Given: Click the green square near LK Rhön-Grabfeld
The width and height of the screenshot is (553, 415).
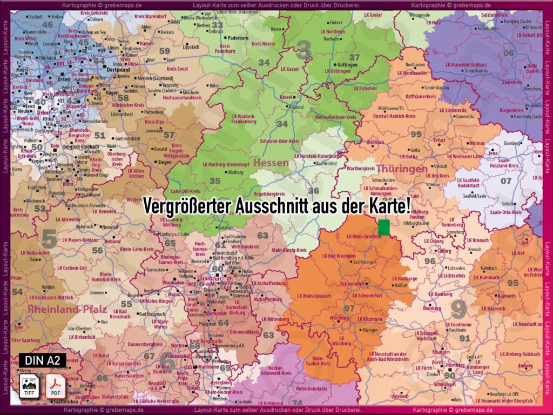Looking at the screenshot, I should point(384,227).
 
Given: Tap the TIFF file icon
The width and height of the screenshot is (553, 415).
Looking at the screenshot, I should point(29,386).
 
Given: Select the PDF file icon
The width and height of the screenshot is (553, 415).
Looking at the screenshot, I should point(55,386).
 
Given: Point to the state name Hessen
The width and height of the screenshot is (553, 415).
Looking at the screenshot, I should point(271,163).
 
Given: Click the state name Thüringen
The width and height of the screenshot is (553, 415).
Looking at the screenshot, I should point(402,169).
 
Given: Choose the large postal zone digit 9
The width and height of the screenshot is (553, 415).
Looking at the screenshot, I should point(458,309).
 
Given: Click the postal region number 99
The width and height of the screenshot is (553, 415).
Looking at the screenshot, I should point(416,134).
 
